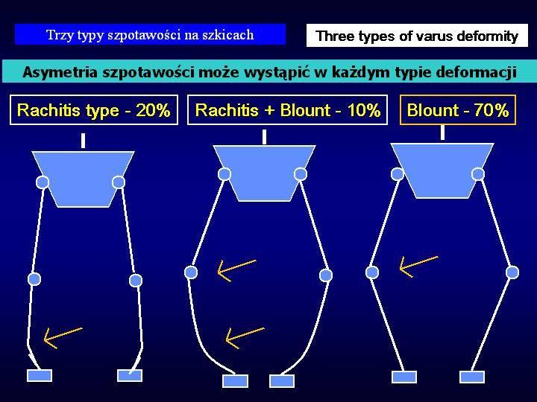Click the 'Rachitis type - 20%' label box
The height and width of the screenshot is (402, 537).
pyautogui.click(x=94, y=109)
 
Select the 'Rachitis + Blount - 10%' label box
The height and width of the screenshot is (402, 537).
pyautogui.click(x=287, y=109)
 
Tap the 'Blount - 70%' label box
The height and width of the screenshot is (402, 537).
pyautogui.click(x=457, y=109)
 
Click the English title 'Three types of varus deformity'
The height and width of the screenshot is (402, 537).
pyautogui.click(x=417, y=36)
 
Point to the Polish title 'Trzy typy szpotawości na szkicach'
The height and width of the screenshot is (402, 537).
pyautogui.click(x=150, y=34)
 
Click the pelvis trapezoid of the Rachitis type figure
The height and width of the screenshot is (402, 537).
pyautogui.click(x=83, y=179)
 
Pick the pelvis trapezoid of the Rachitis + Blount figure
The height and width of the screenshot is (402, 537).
pyautogui.click(x=264, y=173)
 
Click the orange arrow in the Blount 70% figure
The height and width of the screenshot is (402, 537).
pyautogui.click(x=418, y=266)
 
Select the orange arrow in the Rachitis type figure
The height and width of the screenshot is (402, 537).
pyautogui.click(x=63, y=338)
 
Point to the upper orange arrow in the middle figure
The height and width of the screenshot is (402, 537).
pyautogui.click(x=236, y=270)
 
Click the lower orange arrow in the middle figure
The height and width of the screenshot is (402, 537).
pyautogui.click(x=245, y=338)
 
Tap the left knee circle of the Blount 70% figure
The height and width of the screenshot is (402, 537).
pyautogui.click(x=372, y=272)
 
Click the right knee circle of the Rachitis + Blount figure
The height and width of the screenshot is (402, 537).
pyautogui.click(x=326, y=275)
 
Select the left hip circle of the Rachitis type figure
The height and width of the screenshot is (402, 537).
pyautogui.click(x=43, y=182)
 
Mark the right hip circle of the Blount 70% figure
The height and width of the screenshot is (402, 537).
pyautogui.click(x=478, y=174)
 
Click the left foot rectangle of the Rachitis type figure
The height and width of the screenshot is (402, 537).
pyautogui.click(x=40, y=375)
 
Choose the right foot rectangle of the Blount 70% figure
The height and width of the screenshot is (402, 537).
pyautogui.click(x=472, y=377)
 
